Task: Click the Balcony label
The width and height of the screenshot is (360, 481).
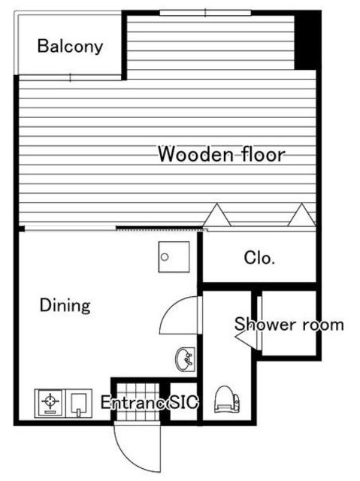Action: (x=70, y=47)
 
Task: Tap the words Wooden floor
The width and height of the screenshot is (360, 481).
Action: (x=222, y=154)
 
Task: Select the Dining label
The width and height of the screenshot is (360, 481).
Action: (x=65, y=306)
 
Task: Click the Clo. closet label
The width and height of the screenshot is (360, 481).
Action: (x=259, y=258)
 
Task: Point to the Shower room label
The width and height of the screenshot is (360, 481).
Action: (x=289, y=325)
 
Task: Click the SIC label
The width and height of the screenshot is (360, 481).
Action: (x=184, y=402)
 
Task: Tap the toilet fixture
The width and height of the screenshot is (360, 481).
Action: (x=226, y=399)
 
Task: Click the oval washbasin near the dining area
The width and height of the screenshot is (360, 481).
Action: (x=185, y=359)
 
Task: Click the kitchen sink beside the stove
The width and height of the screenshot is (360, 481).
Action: (x=79, y=403)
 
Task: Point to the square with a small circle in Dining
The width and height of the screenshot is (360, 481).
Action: (x=174, y=257)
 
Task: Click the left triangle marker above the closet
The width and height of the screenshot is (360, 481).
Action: (x=216, y=215)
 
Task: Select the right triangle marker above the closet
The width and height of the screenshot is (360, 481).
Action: (x=301, y=215)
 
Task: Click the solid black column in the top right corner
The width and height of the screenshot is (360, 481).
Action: (x=307, y=40)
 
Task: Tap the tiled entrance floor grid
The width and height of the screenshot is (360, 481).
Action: (x=138, y=402)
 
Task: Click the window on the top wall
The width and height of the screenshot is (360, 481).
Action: (x=205, y=13)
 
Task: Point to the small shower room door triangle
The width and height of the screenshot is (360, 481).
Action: (x=246, y=340)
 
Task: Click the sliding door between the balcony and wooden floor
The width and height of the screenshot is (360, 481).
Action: (x=70, y=77)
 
